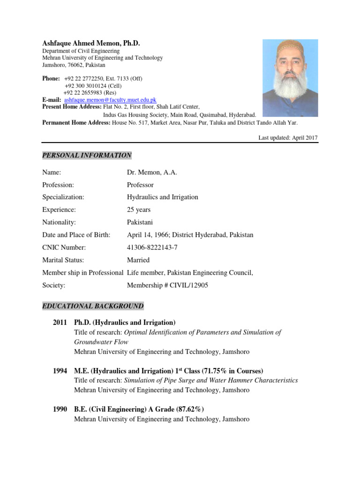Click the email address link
[110, 100]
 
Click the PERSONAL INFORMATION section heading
[87, 155]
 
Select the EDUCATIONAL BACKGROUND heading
[93, 306]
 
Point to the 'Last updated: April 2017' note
[288, 137]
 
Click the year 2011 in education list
[61, 322]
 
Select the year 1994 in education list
[61, 370]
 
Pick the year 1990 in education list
[61, 409]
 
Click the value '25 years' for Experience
[139, 210]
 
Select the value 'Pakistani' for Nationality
[140, 222]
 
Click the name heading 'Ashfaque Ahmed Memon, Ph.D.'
[91, 43]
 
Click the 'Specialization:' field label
[63, 197]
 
